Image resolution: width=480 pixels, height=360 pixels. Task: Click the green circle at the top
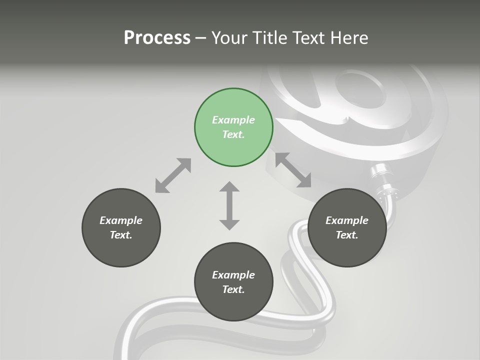[233, 127]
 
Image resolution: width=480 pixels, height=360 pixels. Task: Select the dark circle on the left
[121, 227]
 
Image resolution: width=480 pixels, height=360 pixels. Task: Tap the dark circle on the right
[347, 227]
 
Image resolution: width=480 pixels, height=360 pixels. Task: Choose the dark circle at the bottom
[233, 282]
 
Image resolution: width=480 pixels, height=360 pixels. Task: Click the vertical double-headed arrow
[229, 205]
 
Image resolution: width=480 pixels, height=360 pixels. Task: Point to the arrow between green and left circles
[173, 175]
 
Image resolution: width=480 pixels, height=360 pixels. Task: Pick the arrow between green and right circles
[293, 170]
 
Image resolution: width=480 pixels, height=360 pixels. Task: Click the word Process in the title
[157, 37]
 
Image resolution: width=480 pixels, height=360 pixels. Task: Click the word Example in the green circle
[233, 120]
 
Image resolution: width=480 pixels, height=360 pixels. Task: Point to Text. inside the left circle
[121, 235]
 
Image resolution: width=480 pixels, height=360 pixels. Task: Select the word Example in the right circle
[347, 220]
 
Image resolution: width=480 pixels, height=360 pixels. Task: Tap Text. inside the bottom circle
[233, 289]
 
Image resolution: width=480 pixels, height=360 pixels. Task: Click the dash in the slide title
[201, 37]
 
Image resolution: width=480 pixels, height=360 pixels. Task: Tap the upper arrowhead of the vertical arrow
[229, 188]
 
